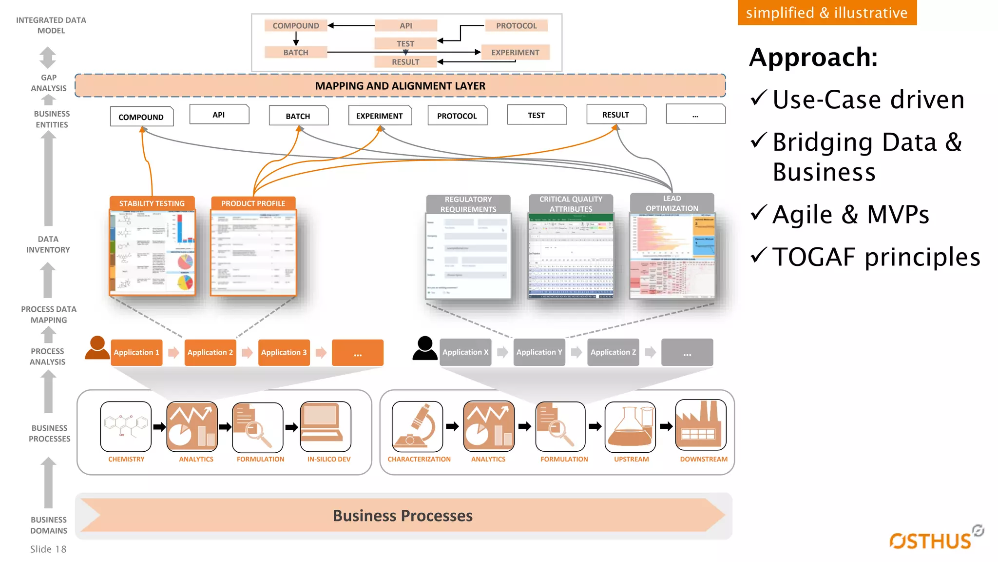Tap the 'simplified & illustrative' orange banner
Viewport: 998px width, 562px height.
[x=827, y=12]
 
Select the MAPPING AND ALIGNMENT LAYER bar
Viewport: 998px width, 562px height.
[x=400, y=86]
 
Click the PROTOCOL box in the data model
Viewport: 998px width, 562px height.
[x=516, y=25]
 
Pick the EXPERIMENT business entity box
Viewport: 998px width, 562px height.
[x=380, y=116]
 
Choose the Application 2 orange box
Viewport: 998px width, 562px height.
[x=210, y=352]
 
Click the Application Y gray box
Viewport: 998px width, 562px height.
[x=539, y=352]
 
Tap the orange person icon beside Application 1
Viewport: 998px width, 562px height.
[x=97, y=348]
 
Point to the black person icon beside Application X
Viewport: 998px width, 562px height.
[x=425, y=348]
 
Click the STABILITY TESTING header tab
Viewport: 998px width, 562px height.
[x=152, y=203]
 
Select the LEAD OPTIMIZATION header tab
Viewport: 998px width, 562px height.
[x=672, y=203]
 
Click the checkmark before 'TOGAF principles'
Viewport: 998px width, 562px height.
[x=759, y=255]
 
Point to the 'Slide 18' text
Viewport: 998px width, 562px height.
[x=48, y=549]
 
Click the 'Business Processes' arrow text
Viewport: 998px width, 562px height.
[x=403, y=515]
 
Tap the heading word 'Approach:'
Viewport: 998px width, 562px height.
[x=813, y=57]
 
